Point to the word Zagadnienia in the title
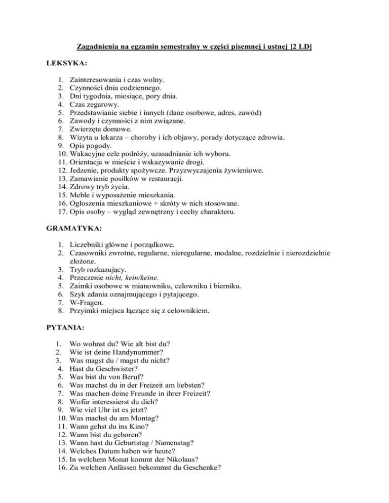coord(98,48)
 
